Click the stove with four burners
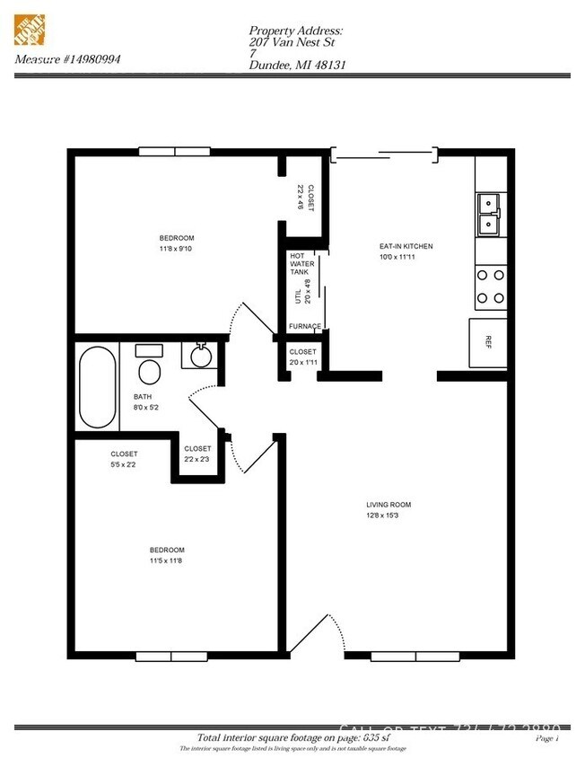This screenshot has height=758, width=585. coord(490,286)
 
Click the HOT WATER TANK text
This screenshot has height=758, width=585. coord(299,263)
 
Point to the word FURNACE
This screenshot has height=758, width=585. coord(304,326)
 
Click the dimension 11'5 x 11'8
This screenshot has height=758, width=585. coord(167,560)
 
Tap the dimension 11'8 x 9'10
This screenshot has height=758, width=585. coord(176,249)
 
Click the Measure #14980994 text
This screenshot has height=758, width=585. coord(67,59)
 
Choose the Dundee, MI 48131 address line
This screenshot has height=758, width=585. coord(297,65)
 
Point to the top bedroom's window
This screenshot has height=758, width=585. coord(174,152)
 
